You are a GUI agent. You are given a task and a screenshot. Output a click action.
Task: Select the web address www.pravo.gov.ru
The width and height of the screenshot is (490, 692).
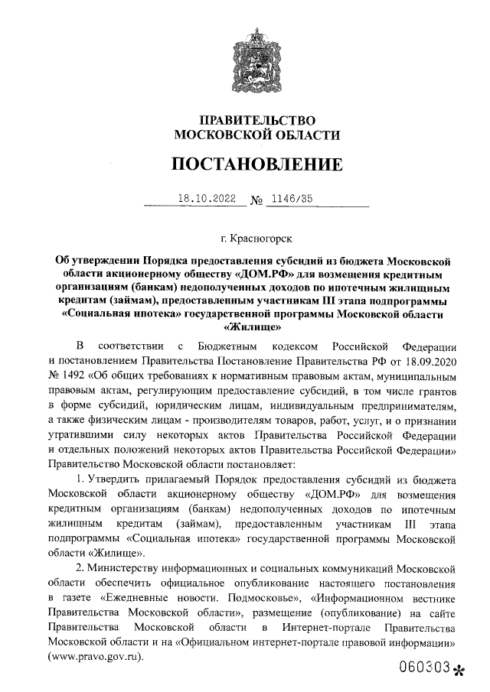click(98, 656)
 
